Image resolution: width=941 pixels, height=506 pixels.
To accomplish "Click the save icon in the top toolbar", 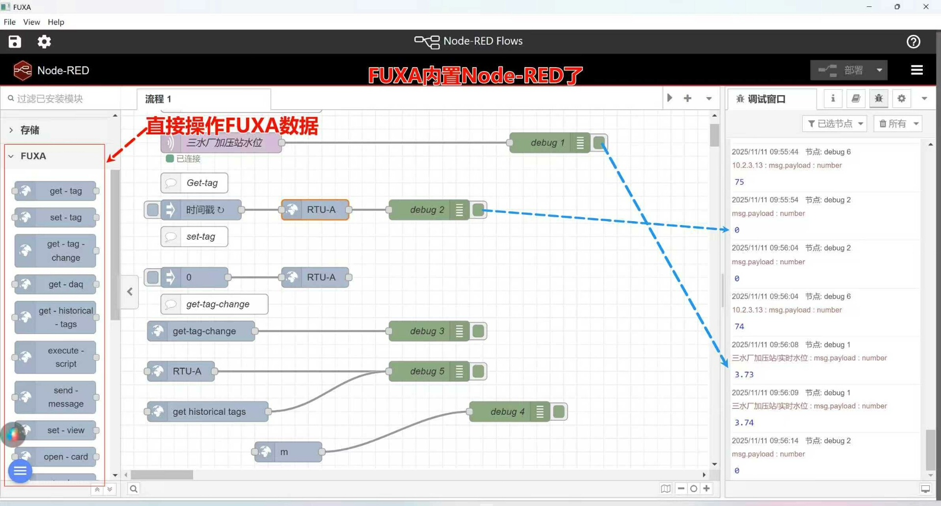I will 15,42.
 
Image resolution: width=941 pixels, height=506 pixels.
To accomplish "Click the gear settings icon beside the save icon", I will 44,42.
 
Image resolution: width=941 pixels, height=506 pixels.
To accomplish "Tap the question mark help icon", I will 913,42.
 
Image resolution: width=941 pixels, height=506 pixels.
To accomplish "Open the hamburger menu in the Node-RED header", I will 916,70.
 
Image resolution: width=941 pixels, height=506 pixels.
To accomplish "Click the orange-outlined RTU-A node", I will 316,210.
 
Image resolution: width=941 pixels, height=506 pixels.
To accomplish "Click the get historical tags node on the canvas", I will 208,412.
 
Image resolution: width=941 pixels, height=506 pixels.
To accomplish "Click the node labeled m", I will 289,452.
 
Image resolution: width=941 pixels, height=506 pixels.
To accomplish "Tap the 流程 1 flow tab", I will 158,99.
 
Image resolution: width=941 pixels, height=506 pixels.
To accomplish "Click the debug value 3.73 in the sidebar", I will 744,375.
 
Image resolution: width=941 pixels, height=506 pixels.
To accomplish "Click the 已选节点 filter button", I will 835,124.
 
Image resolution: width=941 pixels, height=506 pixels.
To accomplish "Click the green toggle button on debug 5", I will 478,372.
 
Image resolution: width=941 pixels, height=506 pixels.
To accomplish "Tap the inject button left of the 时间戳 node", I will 153,210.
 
